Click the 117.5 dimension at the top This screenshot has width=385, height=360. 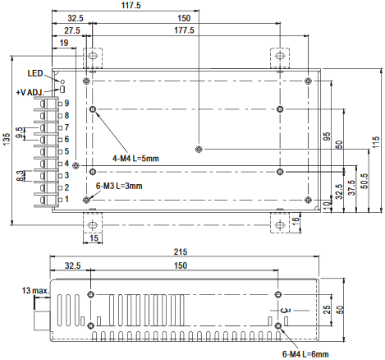131,5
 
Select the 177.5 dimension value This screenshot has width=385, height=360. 184,30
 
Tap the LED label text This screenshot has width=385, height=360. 35,73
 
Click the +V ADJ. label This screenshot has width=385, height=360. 30,92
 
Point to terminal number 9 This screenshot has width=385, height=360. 66,104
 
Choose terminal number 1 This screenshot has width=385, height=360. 66,200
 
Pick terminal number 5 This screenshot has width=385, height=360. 66,151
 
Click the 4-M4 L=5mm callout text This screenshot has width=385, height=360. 135,159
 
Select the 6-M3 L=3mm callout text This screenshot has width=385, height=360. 119,186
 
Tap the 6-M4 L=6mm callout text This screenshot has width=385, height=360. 305,354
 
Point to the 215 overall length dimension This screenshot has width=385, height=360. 181,252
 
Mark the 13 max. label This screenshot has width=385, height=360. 36,291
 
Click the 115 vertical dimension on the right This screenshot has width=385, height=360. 376,142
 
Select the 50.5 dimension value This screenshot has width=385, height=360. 364,181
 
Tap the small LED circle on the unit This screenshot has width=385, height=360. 62,81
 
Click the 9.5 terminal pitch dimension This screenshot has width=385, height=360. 19,133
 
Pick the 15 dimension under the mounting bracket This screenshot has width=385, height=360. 94,238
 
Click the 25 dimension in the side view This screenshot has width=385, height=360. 327,310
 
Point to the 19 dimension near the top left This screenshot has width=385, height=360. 64,43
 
